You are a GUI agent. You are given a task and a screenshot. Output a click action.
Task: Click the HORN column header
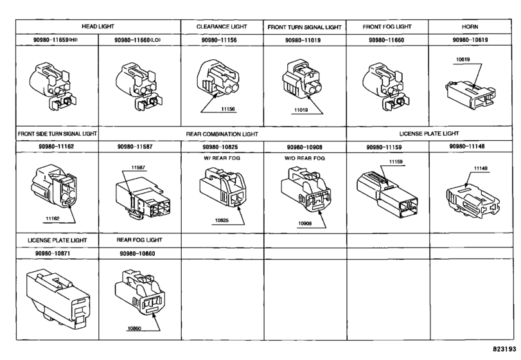pyautogui.click(x=470, y=26)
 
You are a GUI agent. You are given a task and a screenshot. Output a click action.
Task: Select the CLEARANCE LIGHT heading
pyautogui.click(x=222, y=26)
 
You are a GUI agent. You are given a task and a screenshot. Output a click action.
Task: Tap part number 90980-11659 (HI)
pyautogui.click(x=55, y=40)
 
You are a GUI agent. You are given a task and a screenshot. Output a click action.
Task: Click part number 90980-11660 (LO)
pyautogui.click(x=137, y=40)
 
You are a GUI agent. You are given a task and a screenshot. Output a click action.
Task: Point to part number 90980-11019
pyautogui.click(x=303, y=40)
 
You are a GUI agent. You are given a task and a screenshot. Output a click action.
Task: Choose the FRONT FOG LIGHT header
pyautogui.click(x=387, y=26)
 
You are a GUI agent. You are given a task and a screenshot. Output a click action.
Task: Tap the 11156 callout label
pyautogui.click(x=228, y=109)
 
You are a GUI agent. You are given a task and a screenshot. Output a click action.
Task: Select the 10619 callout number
pyautogui.click(x=463, y=60)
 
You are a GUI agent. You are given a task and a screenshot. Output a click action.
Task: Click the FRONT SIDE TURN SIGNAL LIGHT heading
pyautogui.click(x=57, y=134)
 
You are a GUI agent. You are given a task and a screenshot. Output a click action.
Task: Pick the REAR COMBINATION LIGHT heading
pyautogui.click(x=222, y=134)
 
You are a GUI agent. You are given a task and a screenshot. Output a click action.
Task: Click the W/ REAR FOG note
pyautogui.click(x=222, y=158)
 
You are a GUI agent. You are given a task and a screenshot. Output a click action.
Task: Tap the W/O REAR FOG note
pyautogui.click(x=305, y=158)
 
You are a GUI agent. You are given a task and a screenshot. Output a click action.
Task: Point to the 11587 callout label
pyautogui.click(x=138, y=168)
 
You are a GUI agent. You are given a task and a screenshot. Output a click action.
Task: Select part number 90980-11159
pyautogui.click(x=384, y=147)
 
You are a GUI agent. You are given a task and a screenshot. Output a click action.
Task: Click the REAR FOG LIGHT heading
pyautogui.click(x=139, y=240)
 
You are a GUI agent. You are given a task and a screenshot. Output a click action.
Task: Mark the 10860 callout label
pyautogui.click(x=134, y=328)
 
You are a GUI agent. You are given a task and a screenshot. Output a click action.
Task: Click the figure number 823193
pyautogui.click(x=504, y=349)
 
